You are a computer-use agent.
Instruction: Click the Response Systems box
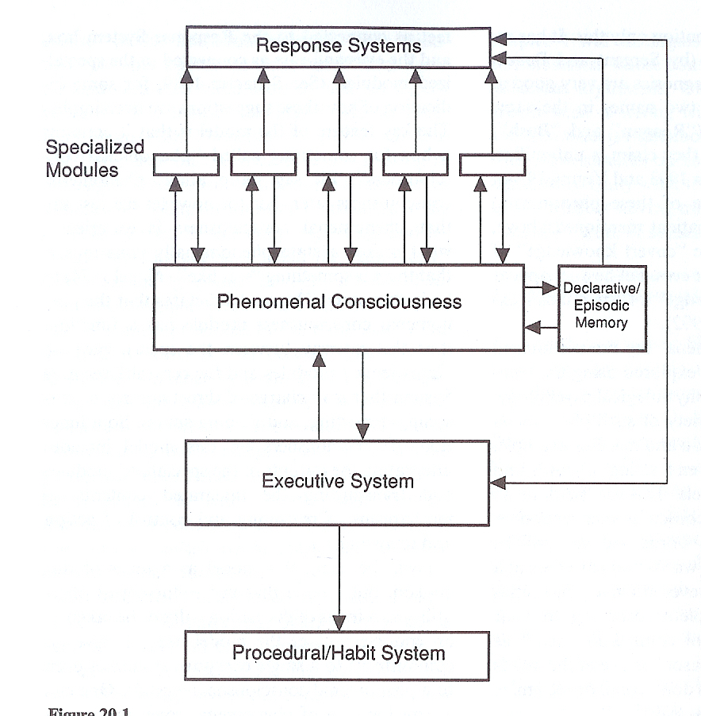(x=338, y=46)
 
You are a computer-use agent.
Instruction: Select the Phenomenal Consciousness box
(x=338, y=306)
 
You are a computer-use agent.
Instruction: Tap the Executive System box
(x=338, y=482)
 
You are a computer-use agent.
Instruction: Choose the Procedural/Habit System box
(x=338, y=653)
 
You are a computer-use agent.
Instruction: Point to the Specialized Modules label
(x=94, y=158)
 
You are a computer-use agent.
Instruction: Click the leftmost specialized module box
(x=186, y=164)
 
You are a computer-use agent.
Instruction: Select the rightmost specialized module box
(x=492, y=164)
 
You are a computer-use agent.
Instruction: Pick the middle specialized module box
(x=339, y=164)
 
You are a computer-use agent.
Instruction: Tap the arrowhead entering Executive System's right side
(x=498, y=482)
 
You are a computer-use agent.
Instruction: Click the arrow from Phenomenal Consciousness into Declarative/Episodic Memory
(x=541, y=289)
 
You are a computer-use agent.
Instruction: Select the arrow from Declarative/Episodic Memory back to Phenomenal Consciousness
(x=541, y=325)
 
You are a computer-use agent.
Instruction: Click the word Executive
(x=295, y=481)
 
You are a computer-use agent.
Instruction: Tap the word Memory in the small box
(x=602, y=322)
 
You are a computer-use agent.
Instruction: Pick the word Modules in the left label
(x=82, y=169)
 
